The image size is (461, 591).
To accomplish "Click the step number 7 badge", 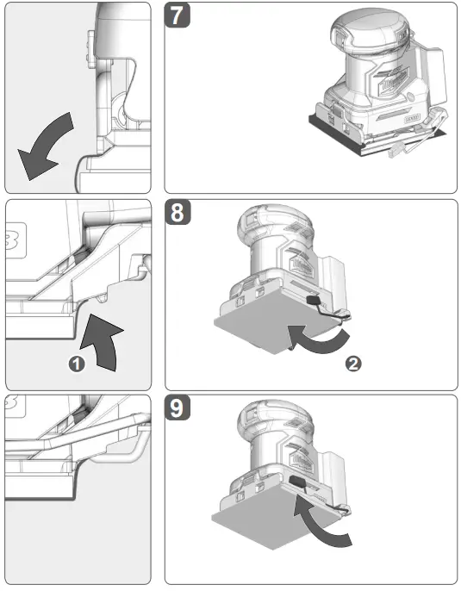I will pyautogui.click(x=179, y=17).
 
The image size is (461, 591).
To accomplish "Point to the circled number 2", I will pyautogui.click(x=352, y=363).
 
